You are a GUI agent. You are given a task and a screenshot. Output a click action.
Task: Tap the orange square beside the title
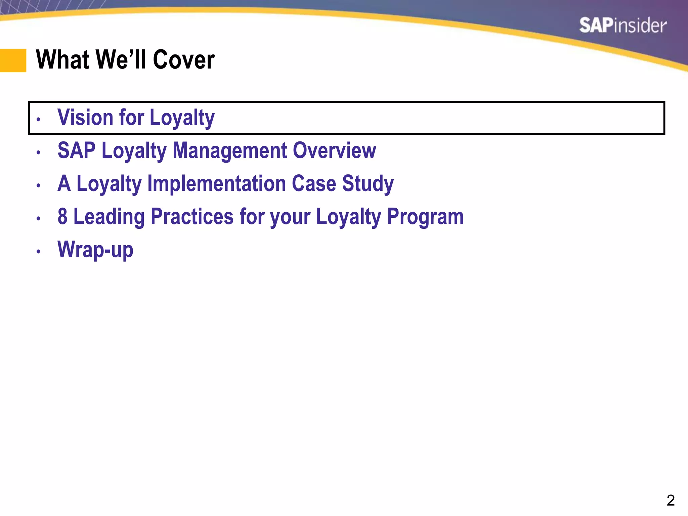coord(13,60)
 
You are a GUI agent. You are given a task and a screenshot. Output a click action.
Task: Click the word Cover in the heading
coord(184,59)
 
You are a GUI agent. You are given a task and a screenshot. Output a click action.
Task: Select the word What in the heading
coord(62,59)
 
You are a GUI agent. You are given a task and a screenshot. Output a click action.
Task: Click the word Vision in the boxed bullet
coord(85,117)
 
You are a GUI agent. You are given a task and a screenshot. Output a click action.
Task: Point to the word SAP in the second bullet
coord(77,150)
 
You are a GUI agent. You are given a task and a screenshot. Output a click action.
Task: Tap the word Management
coord(230,150)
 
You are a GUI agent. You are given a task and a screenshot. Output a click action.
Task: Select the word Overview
coord(334,150)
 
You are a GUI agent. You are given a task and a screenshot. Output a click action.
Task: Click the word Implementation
coord(217,183)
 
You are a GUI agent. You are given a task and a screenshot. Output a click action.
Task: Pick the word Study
coord(368,184)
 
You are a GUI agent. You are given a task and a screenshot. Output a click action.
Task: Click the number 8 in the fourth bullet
coord(62,216)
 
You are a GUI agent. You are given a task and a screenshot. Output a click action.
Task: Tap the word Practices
coord(192,216)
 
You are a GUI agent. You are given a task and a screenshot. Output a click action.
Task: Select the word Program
coord(425,217)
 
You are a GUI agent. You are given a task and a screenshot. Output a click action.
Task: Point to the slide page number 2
coord(671,501)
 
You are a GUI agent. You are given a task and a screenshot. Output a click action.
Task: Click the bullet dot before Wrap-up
coord(38,251)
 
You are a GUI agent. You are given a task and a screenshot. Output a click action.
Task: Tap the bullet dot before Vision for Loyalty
coord(38,119)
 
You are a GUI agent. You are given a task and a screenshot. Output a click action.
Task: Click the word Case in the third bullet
coord(314,183)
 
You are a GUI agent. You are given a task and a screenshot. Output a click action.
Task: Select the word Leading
coord(109,217)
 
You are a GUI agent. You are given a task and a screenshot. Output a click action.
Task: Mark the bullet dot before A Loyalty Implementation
coord(38,185)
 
